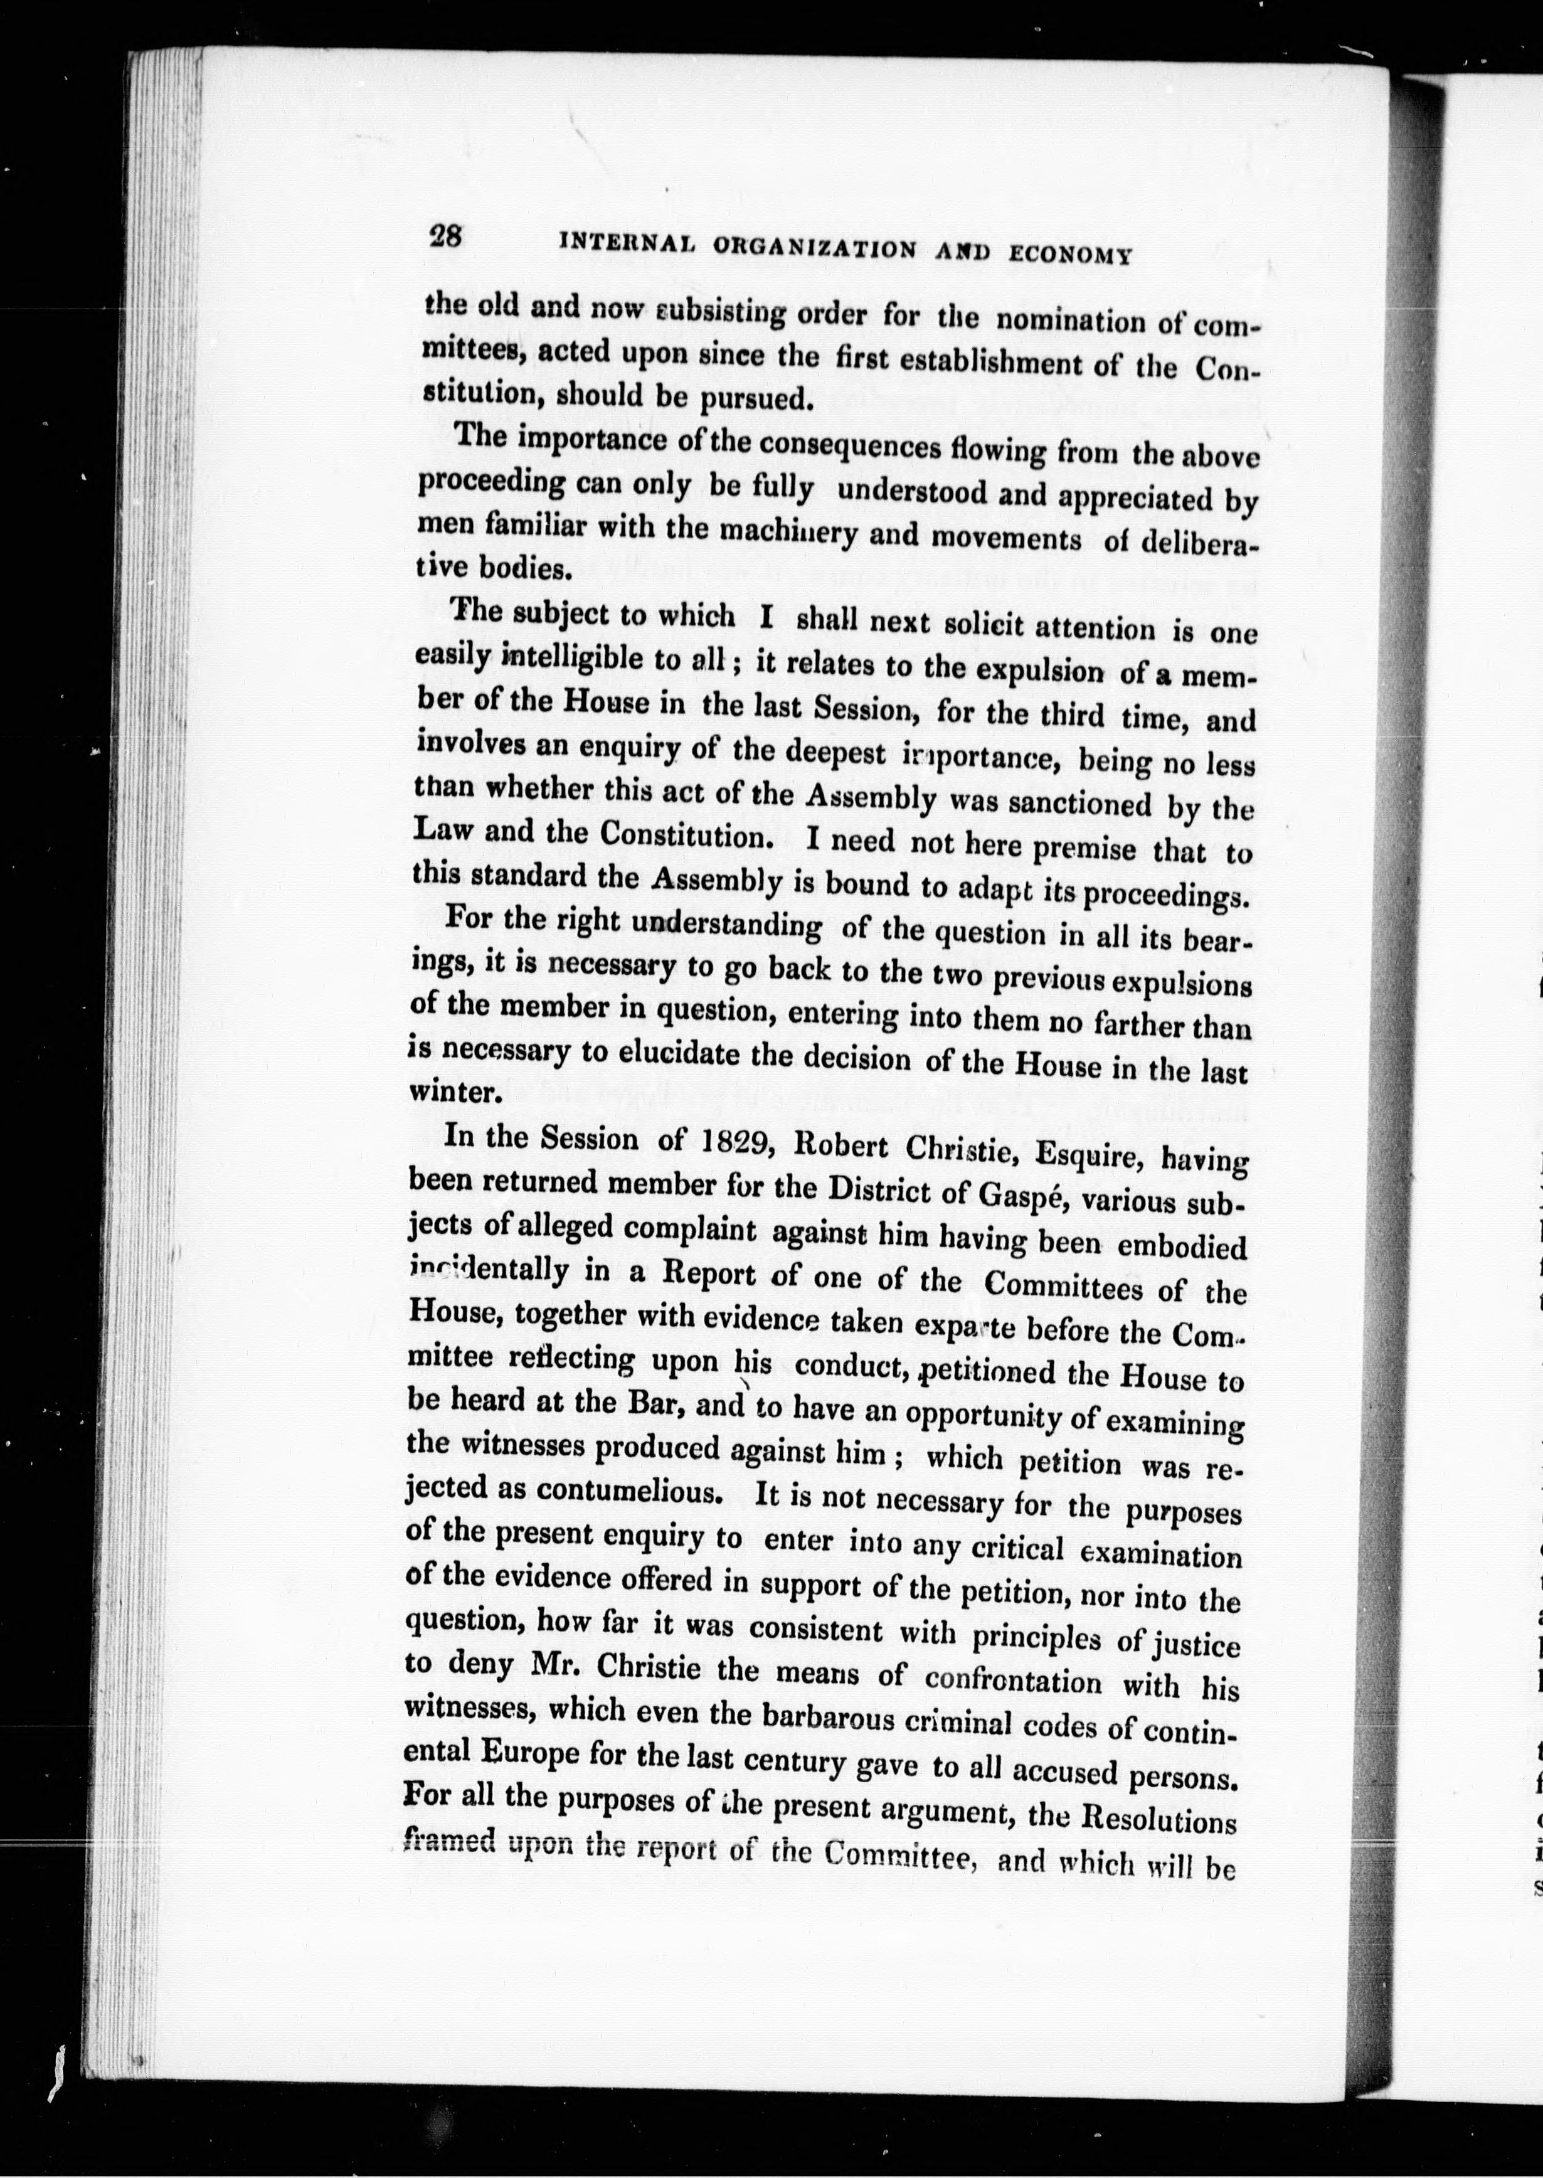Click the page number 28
point(445,236)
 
